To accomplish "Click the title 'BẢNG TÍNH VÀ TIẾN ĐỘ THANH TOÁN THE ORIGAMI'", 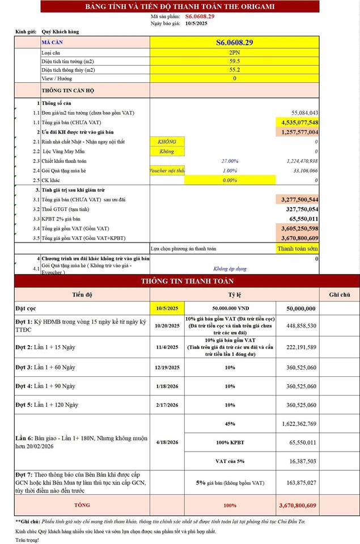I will pyautogui.click(x=179, y=6).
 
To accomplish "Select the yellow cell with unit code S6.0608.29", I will pyautogui.click(x=234, y=42).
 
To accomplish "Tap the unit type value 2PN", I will pyautogui.click(x=234, y=52).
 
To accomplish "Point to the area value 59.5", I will pyautogui.click(x=234, y=61).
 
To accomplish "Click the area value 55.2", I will pyautogui.click(x=234, y=70).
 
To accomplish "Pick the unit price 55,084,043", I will pyautogui.click(x=304, y=113).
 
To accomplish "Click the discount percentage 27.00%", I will pyautogui.click(x=230, y=161).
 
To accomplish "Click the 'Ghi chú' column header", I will pyautogui.click(x=340, y=295).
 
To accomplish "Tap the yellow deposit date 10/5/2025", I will pyautogui.click(x=167, y=308).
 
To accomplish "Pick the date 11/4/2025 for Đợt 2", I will pyautogui.click(x=167, y=347).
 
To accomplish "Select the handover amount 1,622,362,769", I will pyautogui.click(x=299, y=423).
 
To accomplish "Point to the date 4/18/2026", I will pyautogui.click(x=167, y=442).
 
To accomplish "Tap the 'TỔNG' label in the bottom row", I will pyautogui.click(x=82, y=504).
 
